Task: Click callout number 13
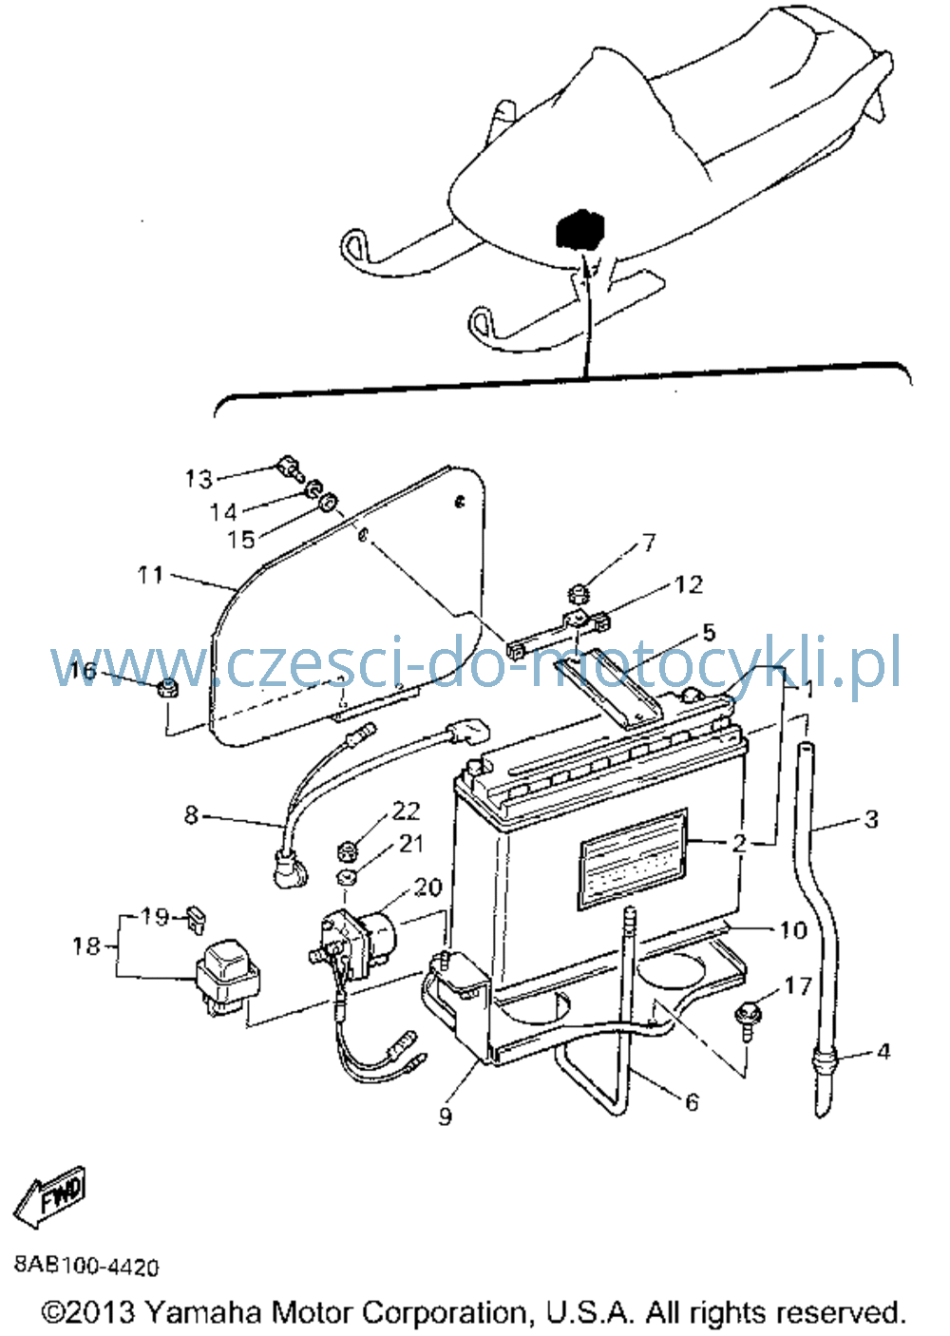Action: pos(199,480)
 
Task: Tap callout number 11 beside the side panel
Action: pos(150,576)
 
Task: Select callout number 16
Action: pos(83,670)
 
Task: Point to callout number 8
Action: pos(191,814)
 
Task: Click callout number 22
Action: pos(406,811)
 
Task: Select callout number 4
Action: pos(883,1052)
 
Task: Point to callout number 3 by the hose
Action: pos(872,819)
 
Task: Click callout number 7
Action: pos(648,543)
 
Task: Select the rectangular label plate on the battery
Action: pos(634,856)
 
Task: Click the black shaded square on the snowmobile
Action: pos(579,229)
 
